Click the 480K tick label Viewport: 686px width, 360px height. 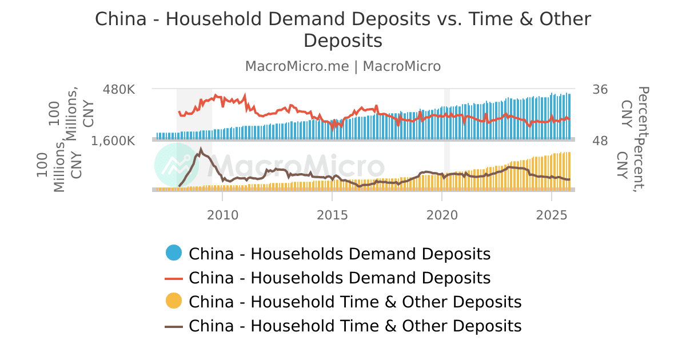point(119,90)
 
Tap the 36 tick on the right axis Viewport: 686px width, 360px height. point(600,90)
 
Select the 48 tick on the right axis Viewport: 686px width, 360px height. point(600,141)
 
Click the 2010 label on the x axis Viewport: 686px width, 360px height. point(222,215)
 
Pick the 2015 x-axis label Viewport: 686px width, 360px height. point(332,215)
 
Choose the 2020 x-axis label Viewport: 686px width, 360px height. point(442,215)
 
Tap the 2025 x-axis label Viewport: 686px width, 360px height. point(552,215)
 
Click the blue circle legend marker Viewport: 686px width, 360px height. point(174,253)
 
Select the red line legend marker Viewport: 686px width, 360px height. point(174,278)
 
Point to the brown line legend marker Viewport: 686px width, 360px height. point(174,326)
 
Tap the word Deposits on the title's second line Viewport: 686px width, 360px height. point(342,41)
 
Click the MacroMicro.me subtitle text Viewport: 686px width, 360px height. point(297,66)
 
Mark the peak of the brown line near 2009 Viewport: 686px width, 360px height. point(201,149)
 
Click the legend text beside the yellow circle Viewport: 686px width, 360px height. point(355,302)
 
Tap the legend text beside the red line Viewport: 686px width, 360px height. point(340,278)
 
